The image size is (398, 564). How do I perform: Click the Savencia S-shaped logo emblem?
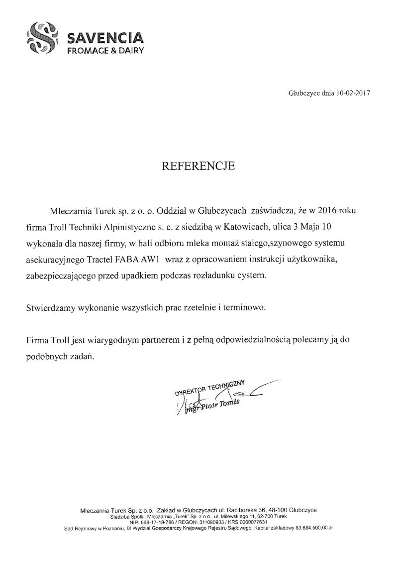[x=42, y=38]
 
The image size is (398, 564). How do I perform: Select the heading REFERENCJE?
[x=199, y=166]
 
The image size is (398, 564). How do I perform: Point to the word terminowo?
[x=242, y=307]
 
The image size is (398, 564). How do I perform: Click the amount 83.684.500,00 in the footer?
[x=310, y=527]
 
